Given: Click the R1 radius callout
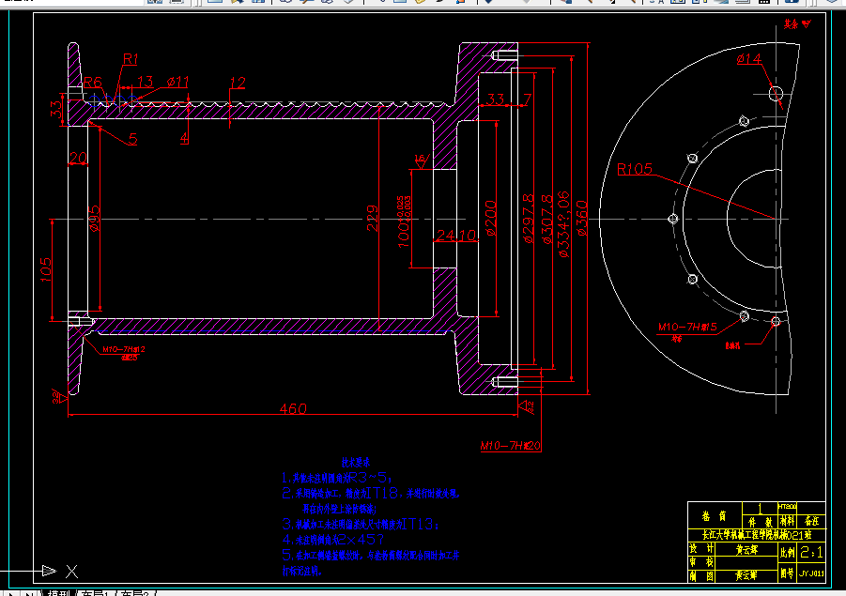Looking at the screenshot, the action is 131,58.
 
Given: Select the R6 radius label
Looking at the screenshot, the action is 92,82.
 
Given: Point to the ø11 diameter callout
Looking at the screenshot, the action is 178,82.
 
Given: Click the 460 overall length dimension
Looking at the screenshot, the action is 292,408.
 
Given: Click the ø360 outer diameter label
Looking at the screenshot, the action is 581,218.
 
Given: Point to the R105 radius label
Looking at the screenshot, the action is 635,170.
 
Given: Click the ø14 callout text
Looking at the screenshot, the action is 749,59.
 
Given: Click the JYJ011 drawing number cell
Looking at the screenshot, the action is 811,572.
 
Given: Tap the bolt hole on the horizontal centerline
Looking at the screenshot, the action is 672,219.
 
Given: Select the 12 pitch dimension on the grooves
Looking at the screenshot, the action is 237,84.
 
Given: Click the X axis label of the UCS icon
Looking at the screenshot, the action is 71,570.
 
